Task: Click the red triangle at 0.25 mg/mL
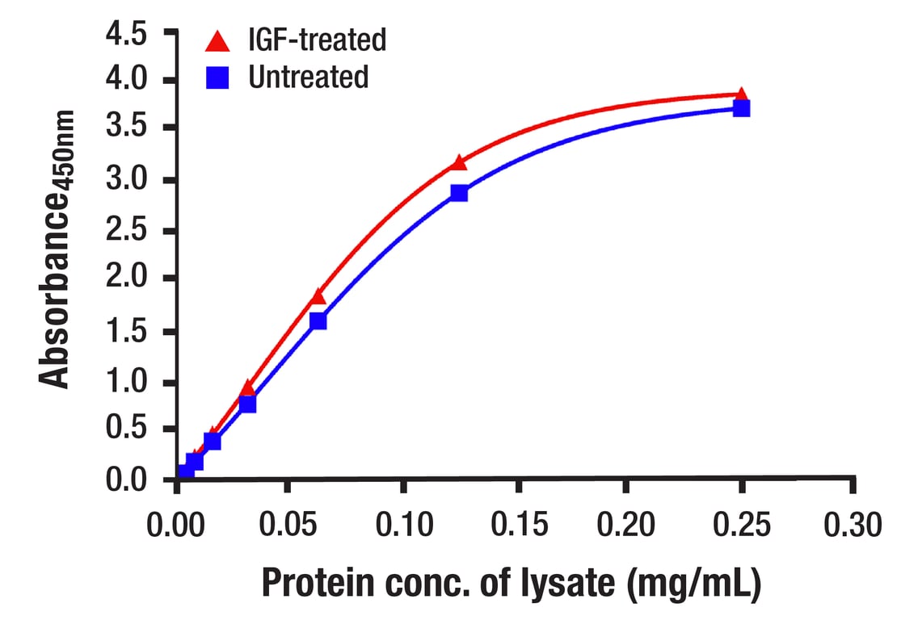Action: coord(741,96)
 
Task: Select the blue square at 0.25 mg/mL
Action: coord(741,107)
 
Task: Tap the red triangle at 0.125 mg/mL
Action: coord(459,163)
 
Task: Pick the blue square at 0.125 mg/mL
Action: coord(459,193)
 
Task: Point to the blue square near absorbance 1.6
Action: coord(318,320)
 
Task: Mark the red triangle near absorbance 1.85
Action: coord(318,296)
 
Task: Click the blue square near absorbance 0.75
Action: coord(248,404)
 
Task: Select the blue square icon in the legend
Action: coord(217,77)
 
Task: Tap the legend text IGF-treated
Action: coord(317,39)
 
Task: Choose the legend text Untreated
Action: coord(308,77)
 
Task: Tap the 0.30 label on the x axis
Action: coord(854,526)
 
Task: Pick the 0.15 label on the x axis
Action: coord(518,526)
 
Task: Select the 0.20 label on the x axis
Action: coord(626,526)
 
